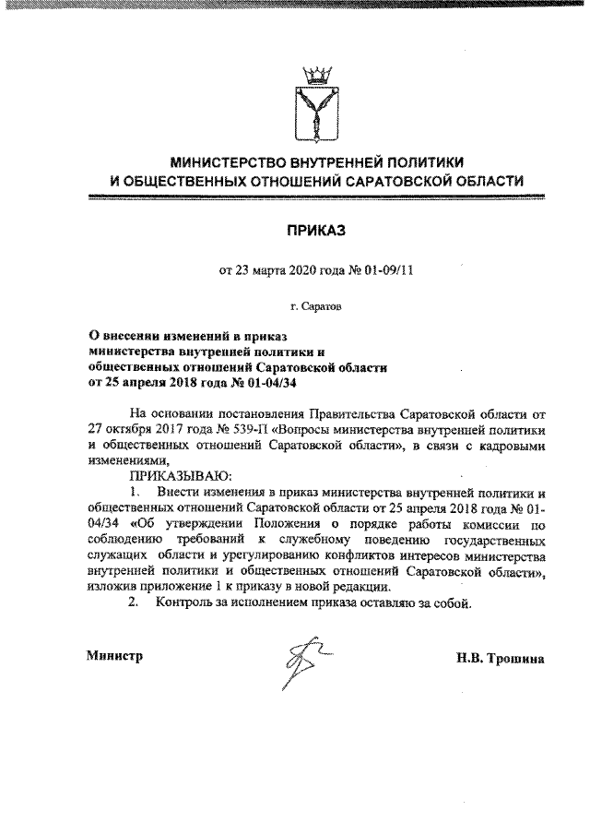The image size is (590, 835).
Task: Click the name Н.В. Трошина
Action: [x=500, y=659]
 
